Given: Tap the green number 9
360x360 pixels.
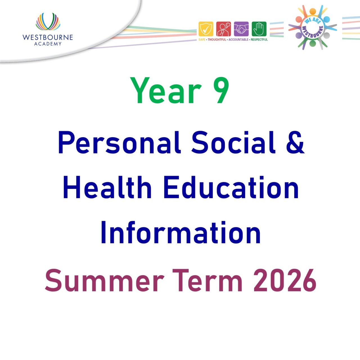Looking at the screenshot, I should click(x=219, y=91).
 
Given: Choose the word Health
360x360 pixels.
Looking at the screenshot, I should click(x=107, y=187).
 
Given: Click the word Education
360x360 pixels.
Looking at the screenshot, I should click(x=231, y=187).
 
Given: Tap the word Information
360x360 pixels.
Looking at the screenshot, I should click(x=181, y=233).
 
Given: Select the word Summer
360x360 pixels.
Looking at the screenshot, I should click(x=104, y=280).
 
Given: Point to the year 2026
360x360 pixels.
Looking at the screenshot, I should click(x=285, y=280).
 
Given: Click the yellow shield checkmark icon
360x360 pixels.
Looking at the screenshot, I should click(x=206, y=29).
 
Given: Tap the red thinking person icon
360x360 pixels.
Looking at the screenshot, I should click(x=224, y=29).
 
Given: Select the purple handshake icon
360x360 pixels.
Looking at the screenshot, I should click(x=241, y=29).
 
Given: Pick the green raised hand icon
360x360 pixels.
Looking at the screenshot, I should click(x=259, y=29).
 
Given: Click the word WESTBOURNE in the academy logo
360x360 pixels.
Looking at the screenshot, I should click(x=48, y=37).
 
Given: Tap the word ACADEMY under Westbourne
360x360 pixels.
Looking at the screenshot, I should click(x=48, y=44).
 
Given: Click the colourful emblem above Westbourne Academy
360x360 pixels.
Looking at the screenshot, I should click(x=48, y=22).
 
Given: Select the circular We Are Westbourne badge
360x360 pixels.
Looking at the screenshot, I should click(x=313, y=28).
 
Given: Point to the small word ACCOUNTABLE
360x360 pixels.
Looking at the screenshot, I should click(x=238, y=40).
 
